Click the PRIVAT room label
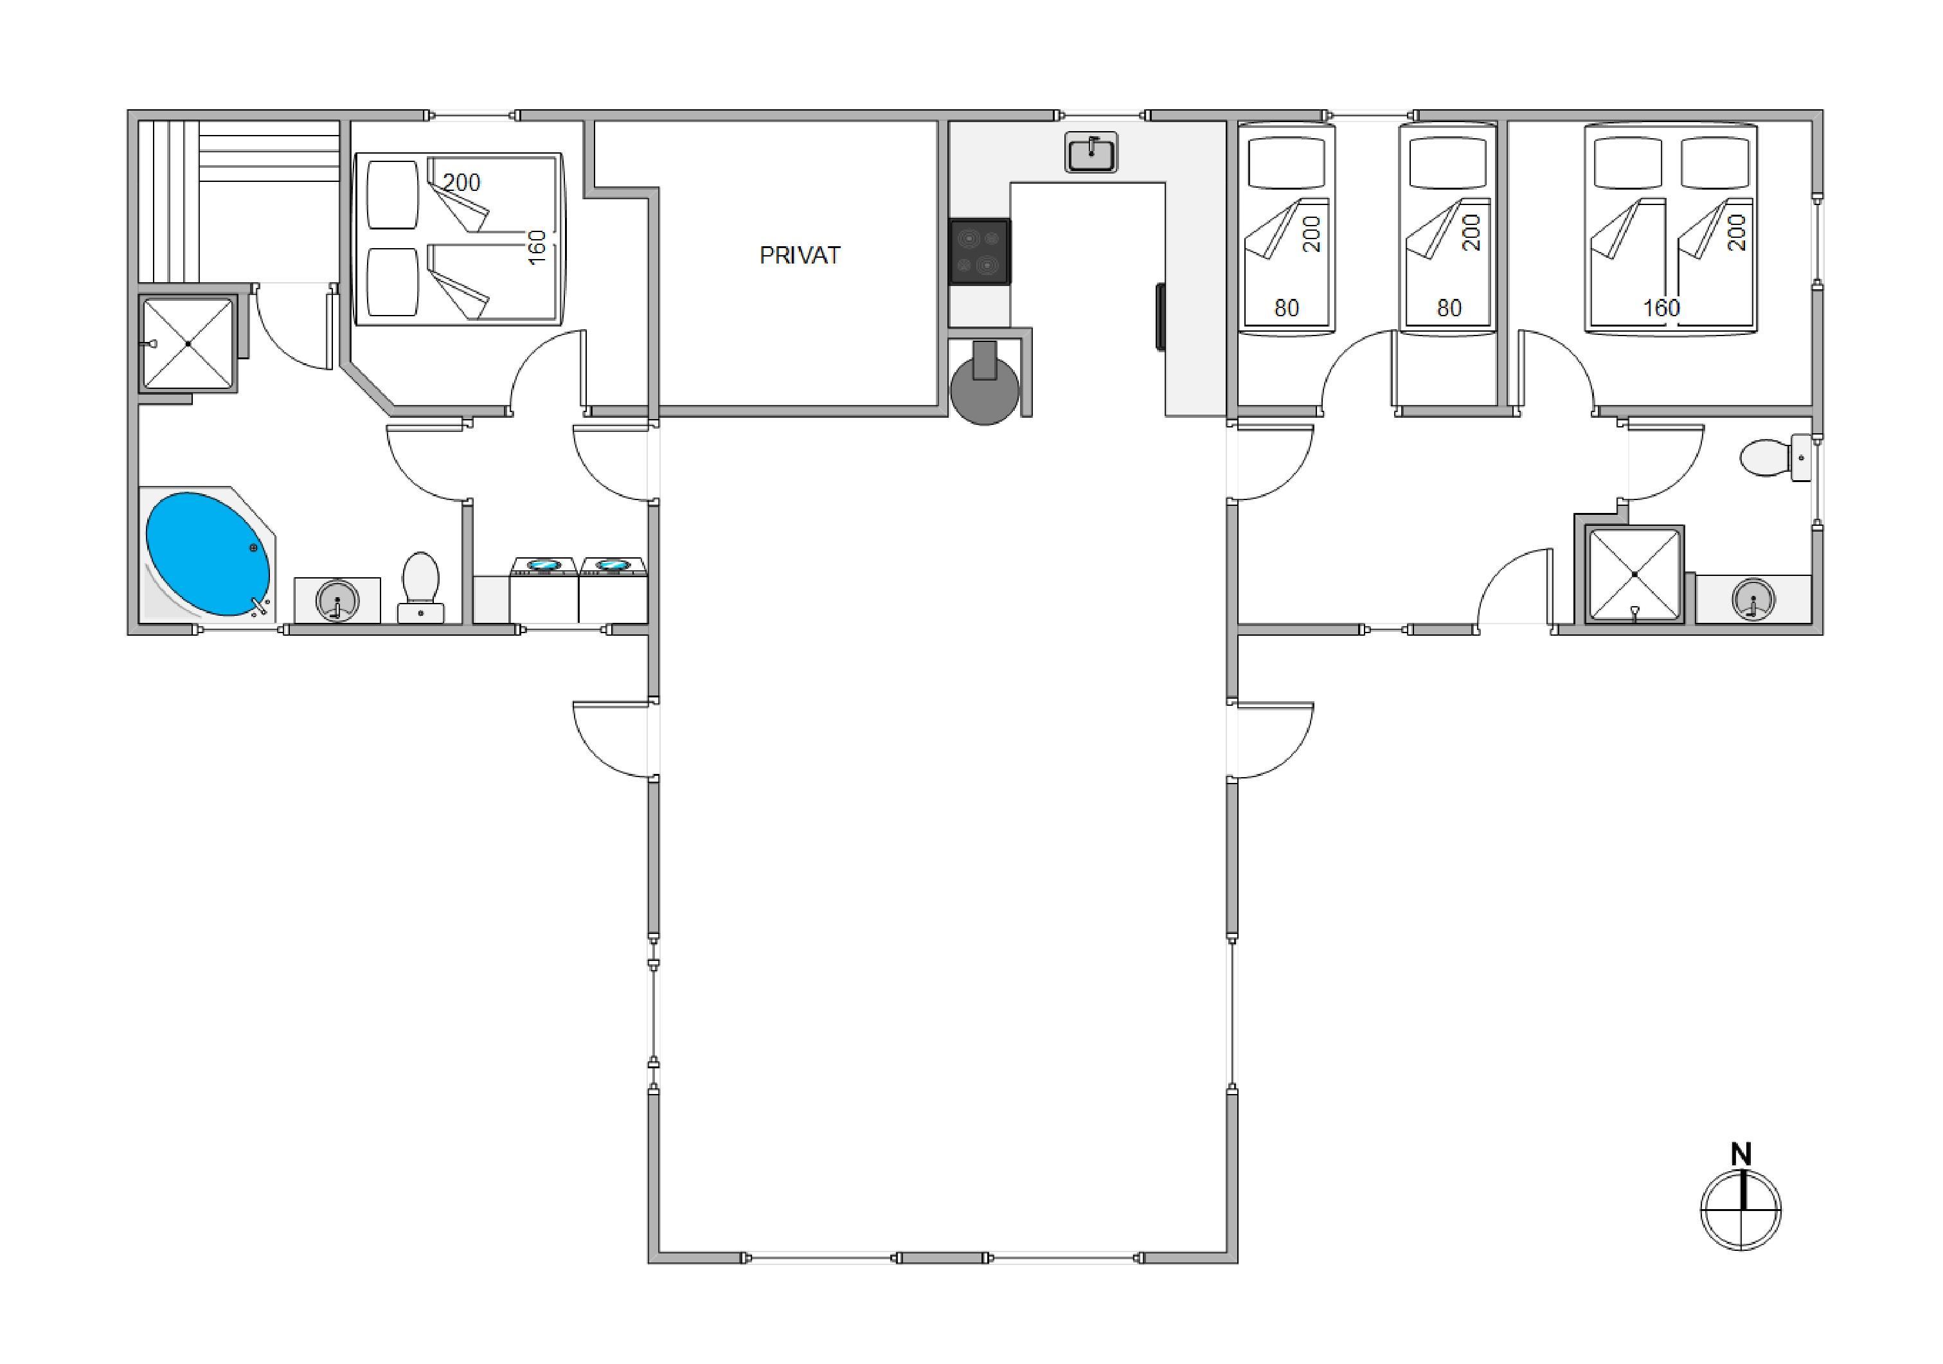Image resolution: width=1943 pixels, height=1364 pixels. (x=800, y=256)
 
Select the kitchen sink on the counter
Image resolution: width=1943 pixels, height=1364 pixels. (x=1091, y=152)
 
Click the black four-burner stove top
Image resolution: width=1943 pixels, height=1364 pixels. (x=980, y=251)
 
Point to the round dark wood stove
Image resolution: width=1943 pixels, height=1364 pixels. (x=983, y=390)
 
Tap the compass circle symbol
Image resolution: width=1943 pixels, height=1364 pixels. (x=1741, y=1209)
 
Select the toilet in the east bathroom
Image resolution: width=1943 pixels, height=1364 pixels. (x=1775, y=457)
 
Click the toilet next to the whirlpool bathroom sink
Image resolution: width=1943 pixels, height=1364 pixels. (x=420, y=588)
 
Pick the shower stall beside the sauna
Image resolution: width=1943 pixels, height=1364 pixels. (x=188, y=343)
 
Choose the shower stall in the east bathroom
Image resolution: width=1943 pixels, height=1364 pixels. (x=1634, y=575)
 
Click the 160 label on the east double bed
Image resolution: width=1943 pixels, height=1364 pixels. (x=1661, y=308)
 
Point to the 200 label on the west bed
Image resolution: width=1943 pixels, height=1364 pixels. (x=461, y=183)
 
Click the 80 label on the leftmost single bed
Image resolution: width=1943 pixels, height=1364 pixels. (x=1286, y=308)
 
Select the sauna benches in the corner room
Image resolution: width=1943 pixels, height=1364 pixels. (x=238, y=201)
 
